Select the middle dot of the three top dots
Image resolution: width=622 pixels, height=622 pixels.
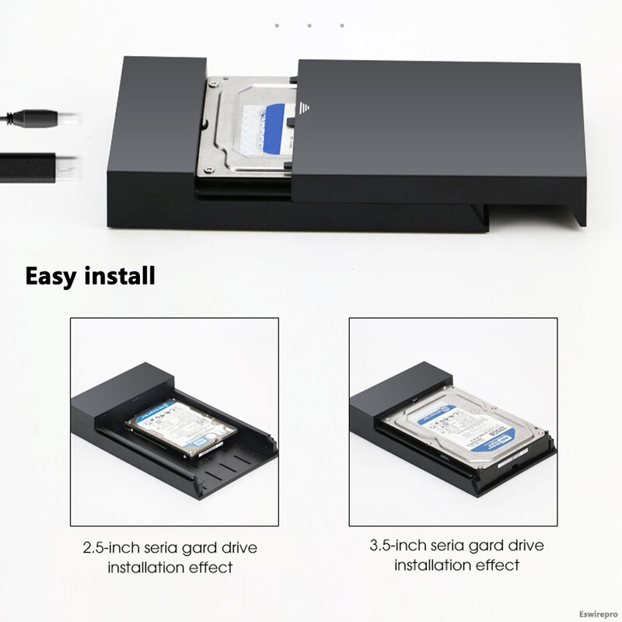309,26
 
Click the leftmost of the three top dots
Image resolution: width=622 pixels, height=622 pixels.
277,26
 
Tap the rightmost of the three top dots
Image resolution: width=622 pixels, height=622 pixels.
342,26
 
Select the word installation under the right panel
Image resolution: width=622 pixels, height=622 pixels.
435,564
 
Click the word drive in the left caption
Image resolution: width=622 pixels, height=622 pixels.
236,548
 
